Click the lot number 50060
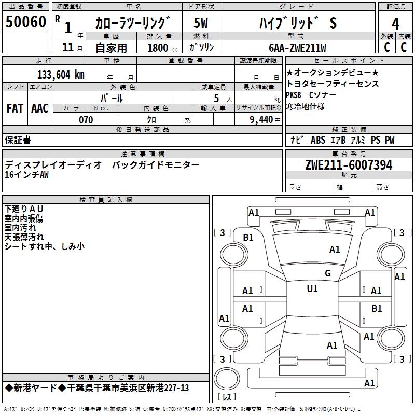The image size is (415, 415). click(x=25, y=21)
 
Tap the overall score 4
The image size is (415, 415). click(x=395, y=23)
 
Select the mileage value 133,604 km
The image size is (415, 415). click(x=61, y=75)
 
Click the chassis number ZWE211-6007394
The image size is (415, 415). click(x=349, y=165)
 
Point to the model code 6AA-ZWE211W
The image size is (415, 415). click(x=297, y=48)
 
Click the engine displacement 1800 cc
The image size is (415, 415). click(x=163, y=48)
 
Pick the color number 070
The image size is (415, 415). click(x=86, y=120)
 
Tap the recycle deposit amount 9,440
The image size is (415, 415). click(x=261, y=120)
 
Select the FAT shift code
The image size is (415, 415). click(x=15, y=108)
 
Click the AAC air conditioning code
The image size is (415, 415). click(x=40, y=108)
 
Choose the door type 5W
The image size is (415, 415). click(x=201, y=23)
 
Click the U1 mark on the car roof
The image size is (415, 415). click(x=312, y=289)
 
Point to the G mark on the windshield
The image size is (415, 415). click(x=328, y=273)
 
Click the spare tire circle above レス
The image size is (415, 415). click(x=227, y=379)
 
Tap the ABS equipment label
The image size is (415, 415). click(x=318, y=140)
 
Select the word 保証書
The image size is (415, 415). click(x=18, y=140)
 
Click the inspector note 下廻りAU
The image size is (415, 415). click(x=24, y=209)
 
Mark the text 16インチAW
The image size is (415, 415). click(x=26, y=175)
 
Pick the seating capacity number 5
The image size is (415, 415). click(x=216, y=98)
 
